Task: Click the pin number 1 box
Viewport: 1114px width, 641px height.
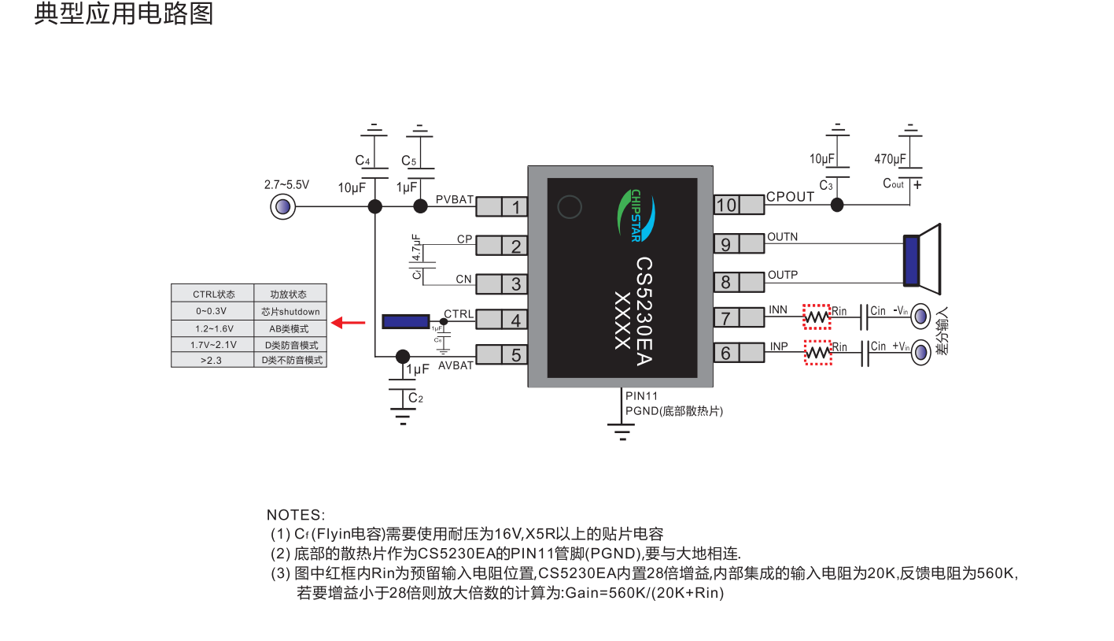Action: point(515,207)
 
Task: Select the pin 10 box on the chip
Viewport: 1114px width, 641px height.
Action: point(726,205)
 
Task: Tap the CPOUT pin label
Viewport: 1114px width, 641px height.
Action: point(790,197)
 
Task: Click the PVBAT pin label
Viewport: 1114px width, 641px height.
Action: point(454,200)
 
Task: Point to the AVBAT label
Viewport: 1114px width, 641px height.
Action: point(456,365)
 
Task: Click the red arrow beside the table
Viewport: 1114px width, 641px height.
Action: point(348,322)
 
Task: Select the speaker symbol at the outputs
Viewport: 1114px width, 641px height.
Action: point(921,256)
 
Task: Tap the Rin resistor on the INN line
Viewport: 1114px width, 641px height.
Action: point(817,317)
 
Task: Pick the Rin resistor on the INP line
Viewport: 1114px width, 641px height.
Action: point(817,352)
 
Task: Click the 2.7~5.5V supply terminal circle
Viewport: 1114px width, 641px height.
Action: point(281,208)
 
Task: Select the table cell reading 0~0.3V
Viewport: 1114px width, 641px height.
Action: point(212,311)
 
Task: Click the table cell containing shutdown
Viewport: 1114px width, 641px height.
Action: point(290,311)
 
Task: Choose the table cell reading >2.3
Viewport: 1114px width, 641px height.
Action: point(212,360)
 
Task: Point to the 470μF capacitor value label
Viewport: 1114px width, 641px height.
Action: point(890,159)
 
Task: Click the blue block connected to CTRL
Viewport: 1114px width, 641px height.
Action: point(405,321)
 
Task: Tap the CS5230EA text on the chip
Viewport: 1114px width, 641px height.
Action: point(644,311)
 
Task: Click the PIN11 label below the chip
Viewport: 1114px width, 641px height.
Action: point(641,396)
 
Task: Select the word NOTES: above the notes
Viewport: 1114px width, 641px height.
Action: point(295,516)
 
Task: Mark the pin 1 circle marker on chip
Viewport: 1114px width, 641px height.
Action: point(569,207)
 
